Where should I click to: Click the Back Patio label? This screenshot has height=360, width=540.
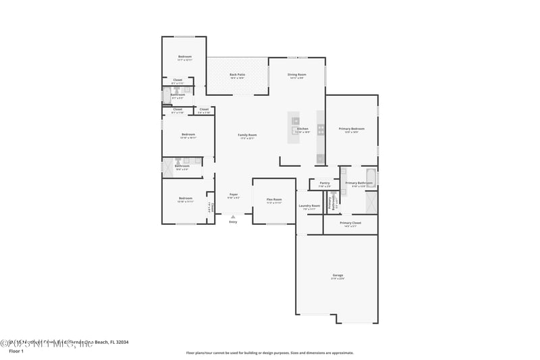coord(237,75)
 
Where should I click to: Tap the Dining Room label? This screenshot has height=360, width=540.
coord(297,75)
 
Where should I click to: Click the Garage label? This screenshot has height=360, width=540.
coord(337,275)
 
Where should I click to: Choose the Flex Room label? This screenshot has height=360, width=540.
coord(274,199)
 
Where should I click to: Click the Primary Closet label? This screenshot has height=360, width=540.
coord(350,223)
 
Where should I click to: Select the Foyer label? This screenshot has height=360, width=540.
coord(233,195)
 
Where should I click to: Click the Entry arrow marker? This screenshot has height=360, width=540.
coord(233,216)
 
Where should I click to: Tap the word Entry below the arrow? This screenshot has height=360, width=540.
coord(233,222)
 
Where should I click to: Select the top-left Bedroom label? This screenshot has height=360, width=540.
coord(185,57)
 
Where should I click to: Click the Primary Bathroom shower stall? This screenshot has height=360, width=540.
coord(371,202)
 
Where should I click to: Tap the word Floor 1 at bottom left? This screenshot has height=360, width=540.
coord(16,351)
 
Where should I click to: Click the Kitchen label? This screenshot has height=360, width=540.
coord(302,128)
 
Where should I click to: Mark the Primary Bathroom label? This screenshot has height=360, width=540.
coord(358,183)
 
